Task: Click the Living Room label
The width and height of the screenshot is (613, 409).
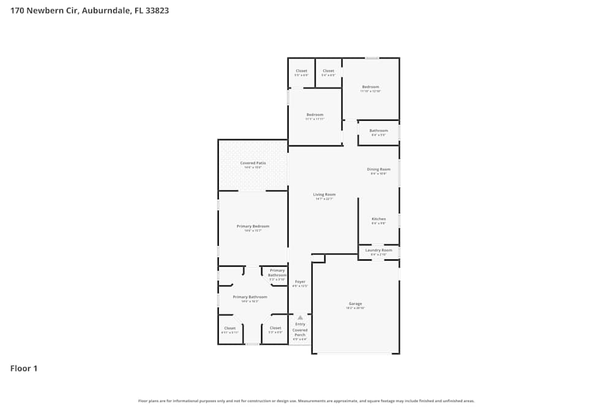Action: click(324, 194)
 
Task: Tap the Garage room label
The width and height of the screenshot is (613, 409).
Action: click(356, 304)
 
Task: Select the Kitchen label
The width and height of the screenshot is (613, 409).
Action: click(379, 219)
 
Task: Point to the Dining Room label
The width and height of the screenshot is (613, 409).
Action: click(379, 169)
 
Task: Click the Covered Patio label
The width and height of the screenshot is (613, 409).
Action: click(253, 163)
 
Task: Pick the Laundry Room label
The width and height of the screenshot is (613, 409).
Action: click(379, 250)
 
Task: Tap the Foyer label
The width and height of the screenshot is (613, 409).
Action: click(300, 281)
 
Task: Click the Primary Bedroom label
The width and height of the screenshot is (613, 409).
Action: click(253, 226)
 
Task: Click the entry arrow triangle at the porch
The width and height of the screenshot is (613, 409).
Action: click(300, 318)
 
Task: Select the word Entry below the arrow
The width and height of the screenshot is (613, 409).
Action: click(300, 324)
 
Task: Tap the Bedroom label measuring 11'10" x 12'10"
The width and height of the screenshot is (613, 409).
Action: click(370, 87)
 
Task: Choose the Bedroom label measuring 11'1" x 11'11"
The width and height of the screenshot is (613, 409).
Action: click(314, 115)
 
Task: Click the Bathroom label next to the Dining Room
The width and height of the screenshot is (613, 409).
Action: click(378, 131)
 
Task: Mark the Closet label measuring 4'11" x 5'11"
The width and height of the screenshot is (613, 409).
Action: click(230, 328)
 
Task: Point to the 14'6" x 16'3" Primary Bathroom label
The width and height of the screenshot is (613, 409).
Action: click(249, 297)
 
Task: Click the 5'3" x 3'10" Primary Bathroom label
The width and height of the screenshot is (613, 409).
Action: click(277, 273)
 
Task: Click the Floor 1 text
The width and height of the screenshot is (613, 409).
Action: click(24, 369)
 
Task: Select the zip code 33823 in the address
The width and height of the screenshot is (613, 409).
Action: click(156, 10)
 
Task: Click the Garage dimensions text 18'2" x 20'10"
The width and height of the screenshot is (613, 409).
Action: click(356, 308)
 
